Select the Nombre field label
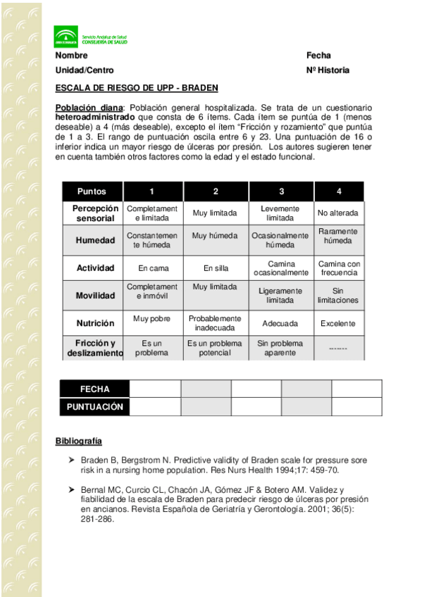pos(71,56)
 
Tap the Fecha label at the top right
pos(318,56)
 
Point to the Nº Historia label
pos(328,70)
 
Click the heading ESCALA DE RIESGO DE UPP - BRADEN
pos(137,88)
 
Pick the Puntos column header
pos(92,191)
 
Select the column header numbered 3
pos(281,191)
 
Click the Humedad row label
pos(95,240)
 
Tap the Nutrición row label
pos(95,323)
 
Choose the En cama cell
pos(152,268)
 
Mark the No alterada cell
pos(338,213)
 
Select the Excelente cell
pos(338,324)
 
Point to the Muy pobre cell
pos(152,319)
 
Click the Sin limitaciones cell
pos(338,296)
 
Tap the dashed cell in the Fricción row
pos(338,348)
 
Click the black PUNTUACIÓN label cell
pos(95,407)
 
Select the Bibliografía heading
pos(79,441)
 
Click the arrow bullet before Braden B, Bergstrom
pos(71,460)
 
